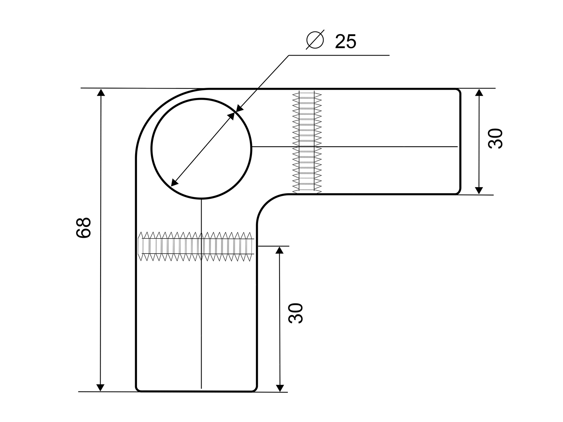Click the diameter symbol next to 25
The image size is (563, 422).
coord(315,40)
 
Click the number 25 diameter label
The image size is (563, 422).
coord(346,41)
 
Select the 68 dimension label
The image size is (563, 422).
coord(84,228)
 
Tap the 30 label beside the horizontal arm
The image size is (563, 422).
coord(495,138)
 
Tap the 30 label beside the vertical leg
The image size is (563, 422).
coord(295,313)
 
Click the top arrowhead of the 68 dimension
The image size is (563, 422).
coord(101,93)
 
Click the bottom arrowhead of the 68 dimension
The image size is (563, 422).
coord(100,387)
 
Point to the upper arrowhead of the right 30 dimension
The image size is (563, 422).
coord(479,93)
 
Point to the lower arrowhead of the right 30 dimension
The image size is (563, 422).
coord(479,191)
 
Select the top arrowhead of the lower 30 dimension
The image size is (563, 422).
coord(279,250)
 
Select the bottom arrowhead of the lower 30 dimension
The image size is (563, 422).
coord(280,388)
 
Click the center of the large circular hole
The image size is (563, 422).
coord(201,149)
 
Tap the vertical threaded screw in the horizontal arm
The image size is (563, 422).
coord(307,142)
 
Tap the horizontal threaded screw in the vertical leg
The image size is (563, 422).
coord(196,246)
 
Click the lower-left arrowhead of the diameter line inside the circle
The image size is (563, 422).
coord(175,182)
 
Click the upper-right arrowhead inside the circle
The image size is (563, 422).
coord(231,116)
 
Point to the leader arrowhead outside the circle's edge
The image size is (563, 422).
coord(239,108)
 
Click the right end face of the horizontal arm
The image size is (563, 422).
coord(460,141)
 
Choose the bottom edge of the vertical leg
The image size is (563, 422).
coord(196,391)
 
